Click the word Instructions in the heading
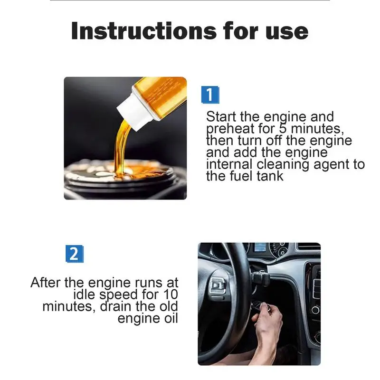coord(144,31)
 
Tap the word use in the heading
coord(287,33)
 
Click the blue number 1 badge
coord(210,95)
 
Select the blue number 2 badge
coord(75,254)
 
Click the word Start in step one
coord(221,116)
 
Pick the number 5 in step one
coord(283,128)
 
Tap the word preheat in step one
coord(230,129)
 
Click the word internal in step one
coord(229,164)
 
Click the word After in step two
coord(45,283)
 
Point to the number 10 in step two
coord(171,294)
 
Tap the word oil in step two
coord(171,318)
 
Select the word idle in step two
coord(84,294)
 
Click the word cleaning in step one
coord(283,165)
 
